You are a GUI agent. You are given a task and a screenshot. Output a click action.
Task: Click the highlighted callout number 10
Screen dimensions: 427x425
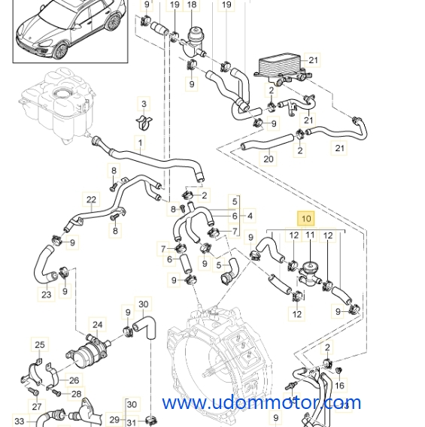click(306, 219)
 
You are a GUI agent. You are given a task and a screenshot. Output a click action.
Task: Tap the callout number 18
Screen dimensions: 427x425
click(192, 5)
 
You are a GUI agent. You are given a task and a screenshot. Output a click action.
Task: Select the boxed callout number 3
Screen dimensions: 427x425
click(143, 102)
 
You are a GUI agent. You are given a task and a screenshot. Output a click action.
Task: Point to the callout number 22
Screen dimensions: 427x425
click(92, 199)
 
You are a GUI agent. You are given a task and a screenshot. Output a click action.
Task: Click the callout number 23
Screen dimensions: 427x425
click(47, 295)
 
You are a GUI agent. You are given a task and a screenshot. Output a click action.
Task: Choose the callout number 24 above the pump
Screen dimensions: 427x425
click(97, 326)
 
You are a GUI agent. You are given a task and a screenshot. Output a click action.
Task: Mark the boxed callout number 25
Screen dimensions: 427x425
click(39, 345)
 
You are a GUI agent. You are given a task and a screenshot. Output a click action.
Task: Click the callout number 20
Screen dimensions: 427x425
click(269, 159)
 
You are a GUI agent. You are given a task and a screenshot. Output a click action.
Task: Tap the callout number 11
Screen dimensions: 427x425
click(309, 236)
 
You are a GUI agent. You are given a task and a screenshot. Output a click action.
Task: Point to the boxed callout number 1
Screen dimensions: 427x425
click(139, 141)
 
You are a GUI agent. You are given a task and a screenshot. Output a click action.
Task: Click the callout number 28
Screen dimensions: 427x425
click(76, 393)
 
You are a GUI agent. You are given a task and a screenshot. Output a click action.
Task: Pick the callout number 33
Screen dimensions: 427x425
click(19, 421)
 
